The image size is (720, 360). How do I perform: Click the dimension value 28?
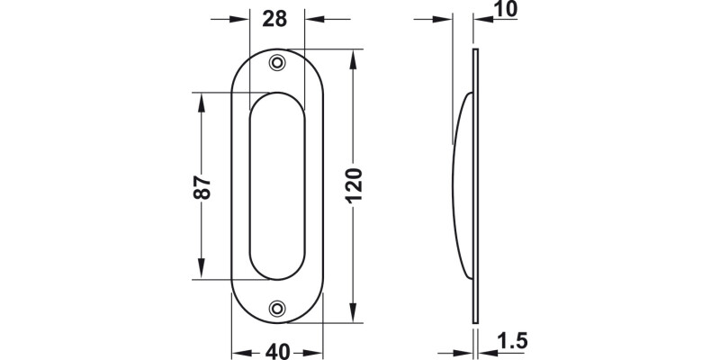click(275, 19)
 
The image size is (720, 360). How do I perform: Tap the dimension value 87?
click(202, 186)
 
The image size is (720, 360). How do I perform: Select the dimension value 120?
click(353, 186)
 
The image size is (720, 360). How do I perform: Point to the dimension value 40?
click(278, 349)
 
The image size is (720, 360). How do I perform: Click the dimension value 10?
click(507, 11)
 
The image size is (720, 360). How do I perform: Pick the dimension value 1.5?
click(510, 341)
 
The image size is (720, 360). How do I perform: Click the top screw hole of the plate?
click(277, 62)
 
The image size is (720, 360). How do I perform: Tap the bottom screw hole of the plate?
click(277, 308)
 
